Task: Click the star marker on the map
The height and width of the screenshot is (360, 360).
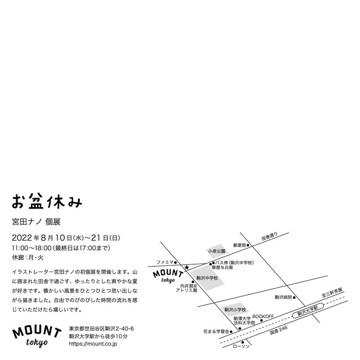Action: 186,266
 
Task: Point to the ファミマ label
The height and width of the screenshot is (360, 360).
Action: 165,262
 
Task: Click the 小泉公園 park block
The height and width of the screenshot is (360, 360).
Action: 217,251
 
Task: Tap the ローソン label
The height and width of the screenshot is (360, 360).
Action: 244,345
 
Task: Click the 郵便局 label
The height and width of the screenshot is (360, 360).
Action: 240,245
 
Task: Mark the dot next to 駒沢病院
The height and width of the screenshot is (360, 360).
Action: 294,298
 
